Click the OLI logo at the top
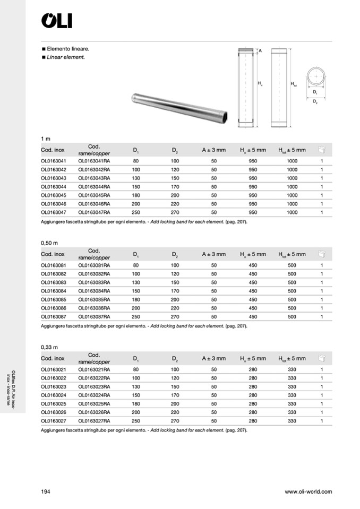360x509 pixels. pos(56,21)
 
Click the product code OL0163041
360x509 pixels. pos(54,161)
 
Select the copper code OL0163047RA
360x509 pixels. pos(94,212)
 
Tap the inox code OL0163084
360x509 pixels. pos(54,291)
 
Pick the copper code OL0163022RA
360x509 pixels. pos(94,378)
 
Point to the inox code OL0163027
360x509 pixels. pos(54,421)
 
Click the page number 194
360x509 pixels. pos(45,491)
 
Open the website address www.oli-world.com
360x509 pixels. pos(308,491)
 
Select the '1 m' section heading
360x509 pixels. pos(45,139)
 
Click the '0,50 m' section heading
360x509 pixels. pos(49,243)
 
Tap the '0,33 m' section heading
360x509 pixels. pos(49,347)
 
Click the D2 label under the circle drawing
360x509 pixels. pos(315,101)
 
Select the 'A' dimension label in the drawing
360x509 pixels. pos(261,51)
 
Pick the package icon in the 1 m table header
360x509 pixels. pos(321,150)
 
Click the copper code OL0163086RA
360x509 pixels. pos(94,308)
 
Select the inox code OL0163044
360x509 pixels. pos(54,186)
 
